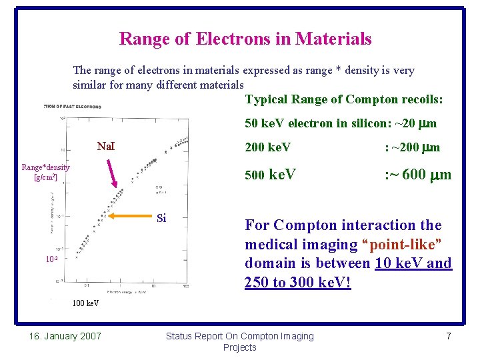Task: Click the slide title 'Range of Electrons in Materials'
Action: [245, 39]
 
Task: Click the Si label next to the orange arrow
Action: [161, 218]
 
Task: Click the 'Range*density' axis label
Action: [45, 167]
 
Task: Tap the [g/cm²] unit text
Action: [45, 177]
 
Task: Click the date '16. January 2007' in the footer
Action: [65, 336]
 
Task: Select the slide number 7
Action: [448, 336]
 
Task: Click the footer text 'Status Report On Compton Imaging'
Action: [239, 336]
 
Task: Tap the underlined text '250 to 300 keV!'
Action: [297, 282]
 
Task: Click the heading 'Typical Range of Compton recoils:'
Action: [344, 100]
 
